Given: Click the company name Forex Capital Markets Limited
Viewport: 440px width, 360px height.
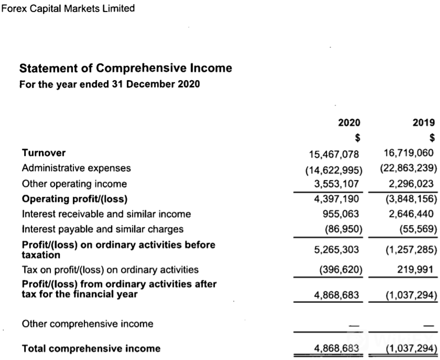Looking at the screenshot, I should click(68, 8).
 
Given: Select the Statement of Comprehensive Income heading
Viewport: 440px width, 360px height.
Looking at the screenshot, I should click(126, 68).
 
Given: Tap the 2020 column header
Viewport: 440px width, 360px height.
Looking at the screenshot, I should click(349, 123).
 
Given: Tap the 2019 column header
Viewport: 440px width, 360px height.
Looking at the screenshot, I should click(424, 123).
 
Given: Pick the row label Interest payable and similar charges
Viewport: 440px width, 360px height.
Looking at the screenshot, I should click(103, 229).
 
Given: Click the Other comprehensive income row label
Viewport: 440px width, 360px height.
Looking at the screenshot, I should click(87, 323).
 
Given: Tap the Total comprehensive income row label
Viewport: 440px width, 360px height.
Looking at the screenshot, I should click(91, 348).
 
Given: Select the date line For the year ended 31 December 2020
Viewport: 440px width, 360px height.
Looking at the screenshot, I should click(109, 84).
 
